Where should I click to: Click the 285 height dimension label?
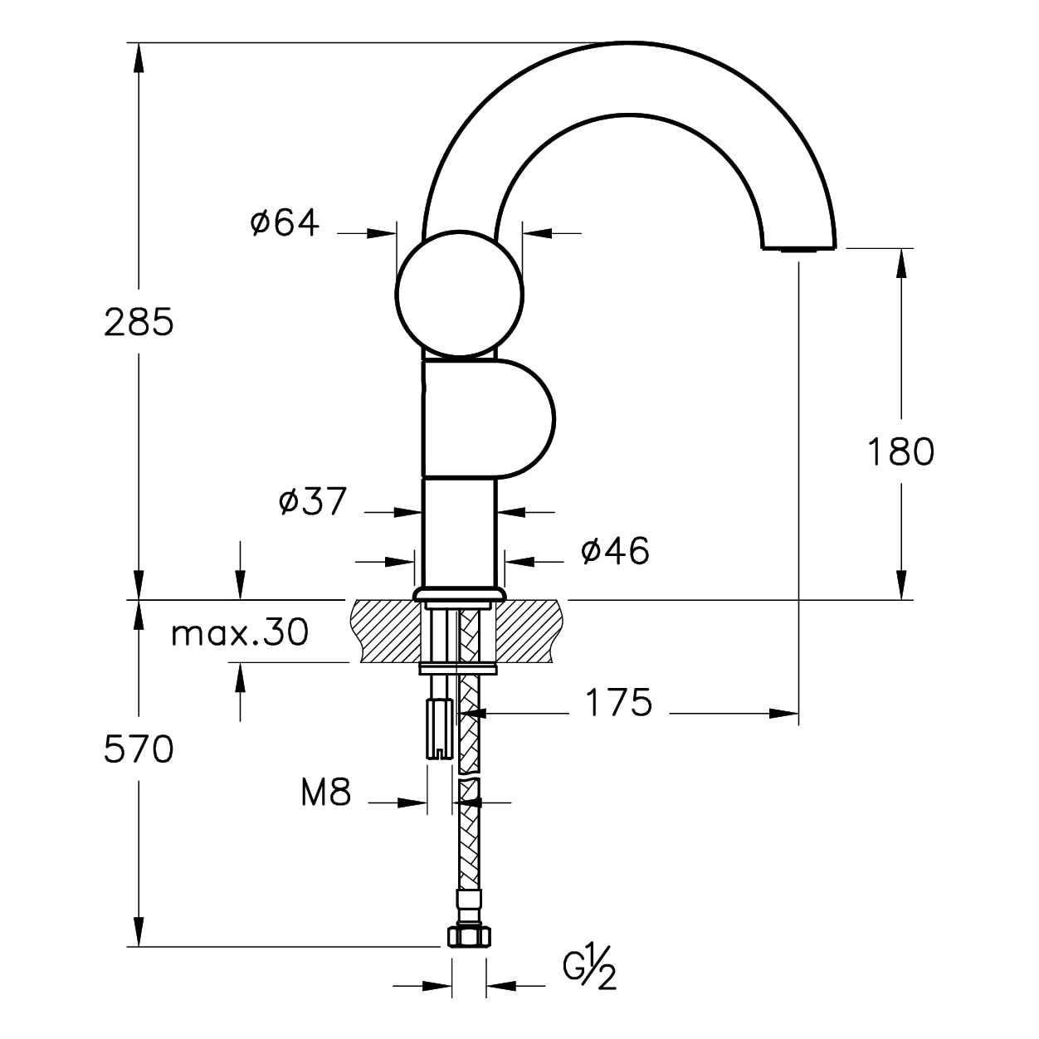click(x=139, y=323)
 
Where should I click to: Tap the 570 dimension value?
click(x=139, y=749)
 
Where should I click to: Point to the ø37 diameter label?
click(x=312, y=501)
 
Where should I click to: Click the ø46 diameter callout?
click(x=615, y=550)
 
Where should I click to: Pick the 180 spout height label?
click(x=901, y=451)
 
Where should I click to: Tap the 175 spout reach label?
click(x=619, y=702)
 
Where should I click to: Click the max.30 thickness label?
click(x=240, y=632)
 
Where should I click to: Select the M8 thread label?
click(x=326, y=793)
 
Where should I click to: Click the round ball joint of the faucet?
click(x=460, y=294)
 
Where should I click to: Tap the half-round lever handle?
click(x=488, y=419)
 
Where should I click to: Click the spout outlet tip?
click(x=798, y=249)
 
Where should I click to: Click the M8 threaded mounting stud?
click(x=440, y=728)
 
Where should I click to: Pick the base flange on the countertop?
click(x=460, y=593)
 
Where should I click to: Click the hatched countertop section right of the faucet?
click(x=529, y=631)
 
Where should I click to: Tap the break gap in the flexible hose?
click(x=469, y=775)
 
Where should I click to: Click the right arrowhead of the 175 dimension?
click(x=783, y=714)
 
